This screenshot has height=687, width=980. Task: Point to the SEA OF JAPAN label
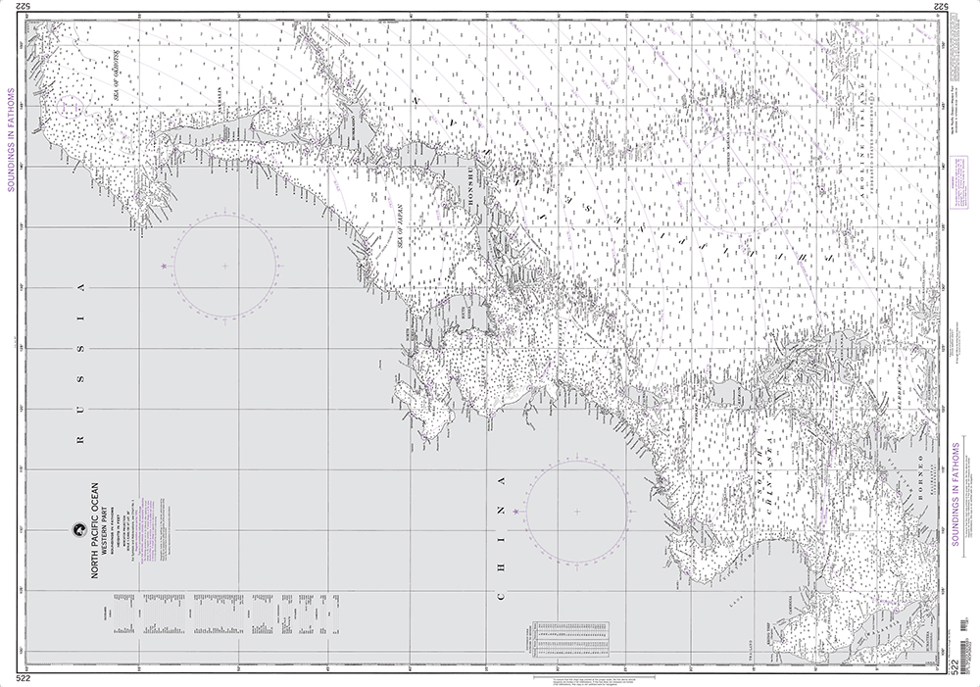pos(401,225)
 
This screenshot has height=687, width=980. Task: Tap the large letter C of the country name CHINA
pos(504,596)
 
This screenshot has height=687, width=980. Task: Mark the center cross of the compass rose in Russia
pos(224,266)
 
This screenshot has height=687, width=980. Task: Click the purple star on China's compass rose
pos(514,512)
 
